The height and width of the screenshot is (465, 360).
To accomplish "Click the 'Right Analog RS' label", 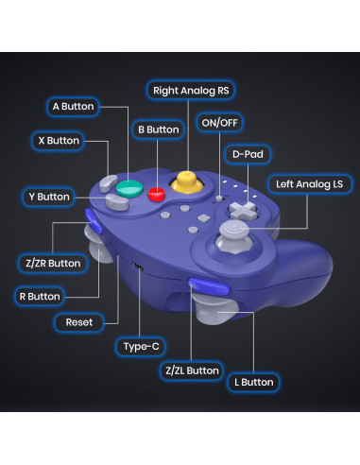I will coord(191,91).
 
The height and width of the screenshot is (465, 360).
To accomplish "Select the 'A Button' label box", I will coord(74,107).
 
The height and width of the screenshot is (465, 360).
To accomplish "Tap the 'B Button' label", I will coord(158,129).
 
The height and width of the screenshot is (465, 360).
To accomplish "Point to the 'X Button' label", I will coord(59,141).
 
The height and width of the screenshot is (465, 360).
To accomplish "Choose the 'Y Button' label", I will coord(48,197).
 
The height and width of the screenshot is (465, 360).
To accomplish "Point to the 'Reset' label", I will coord(79,322).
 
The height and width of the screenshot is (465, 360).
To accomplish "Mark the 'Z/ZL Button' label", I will coord(191,370).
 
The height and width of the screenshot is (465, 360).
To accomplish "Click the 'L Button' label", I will coord(252,382).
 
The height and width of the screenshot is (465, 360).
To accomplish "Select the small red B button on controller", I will coord(157,195).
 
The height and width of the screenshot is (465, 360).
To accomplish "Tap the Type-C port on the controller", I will coord(139,267).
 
